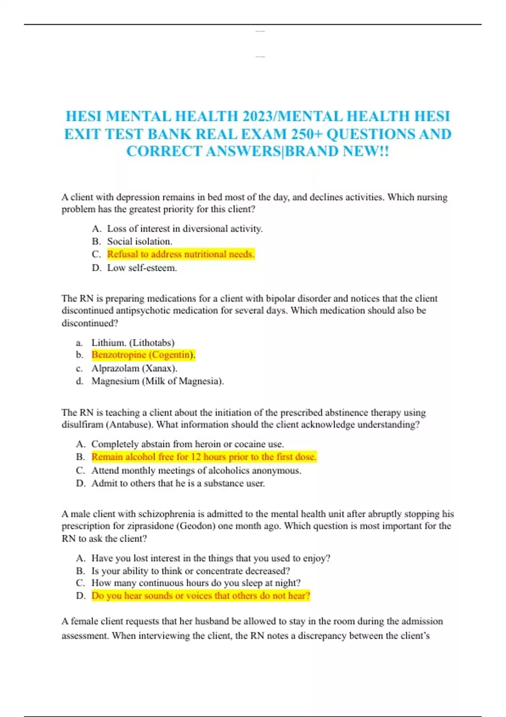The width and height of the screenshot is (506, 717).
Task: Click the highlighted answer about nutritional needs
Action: (x=180, y=254)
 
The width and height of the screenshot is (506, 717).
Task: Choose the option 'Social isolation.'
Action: (x=140, y=242)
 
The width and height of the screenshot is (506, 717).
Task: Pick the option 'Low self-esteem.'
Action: (x=142, y=268)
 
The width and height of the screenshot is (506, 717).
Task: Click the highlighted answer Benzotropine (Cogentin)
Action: (x=143, y=355)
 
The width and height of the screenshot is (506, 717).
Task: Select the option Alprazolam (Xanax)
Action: (x=134, y=368)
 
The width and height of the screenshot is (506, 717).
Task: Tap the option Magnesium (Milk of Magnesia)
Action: (x=157, y=381)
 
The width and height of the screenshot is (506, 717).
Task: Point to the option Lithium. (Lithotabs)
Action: (x=133, y=342)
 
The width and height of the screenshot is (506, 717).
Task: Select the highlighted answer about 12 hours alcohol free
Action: (x=204, y=457)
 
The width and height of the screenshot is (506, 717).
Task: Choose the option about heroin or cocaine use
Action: (x=188, y=444)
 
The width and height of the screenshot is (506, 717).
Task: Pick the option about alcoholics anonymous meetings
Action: (x=196, y=470)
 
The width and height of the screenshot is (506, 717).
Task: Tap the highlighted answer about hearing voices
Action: (x=201, y=596)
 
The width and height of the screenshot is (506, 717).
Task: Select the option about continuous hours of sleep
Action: (x=196, y=583)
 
